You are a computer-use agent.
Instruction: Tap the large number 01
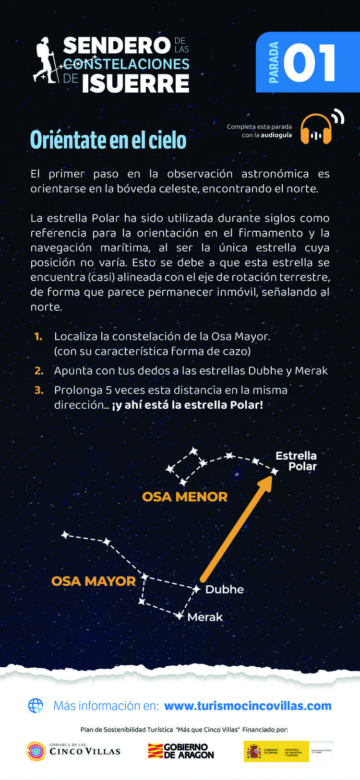pos(310,63)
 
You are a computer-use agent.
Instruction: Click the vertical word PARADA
pos(274,62)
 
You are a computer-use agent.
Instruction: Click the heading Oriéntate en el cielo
pos(108,140)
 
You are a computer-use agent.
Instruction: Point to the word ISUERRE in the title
pos(135,83)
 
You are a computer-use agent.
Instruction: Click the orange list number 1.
pos(38,337)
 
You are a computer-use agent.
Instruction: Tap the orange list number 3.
pos(39,390)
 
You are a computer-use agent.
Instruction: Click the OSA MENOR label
pos(185,496)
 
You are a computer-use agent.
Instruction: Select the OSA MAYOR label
pos(94,581)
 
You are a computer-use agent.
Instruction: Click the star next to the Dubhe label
pos(196,589)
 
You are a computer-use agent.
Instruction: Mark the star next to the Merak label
pos(179,615)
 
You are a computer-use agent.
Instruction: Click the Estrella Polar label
pos(297,461)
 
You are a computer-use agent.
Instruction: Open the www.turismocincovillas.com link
pos(248,706)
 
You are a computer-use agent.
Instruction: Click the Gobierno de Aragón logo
pos(181,751)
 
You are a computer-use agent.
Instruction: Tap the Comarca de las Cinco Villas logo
pos(73,751)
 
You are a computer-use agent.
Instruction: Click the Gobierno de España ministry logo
pos(288,751)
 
